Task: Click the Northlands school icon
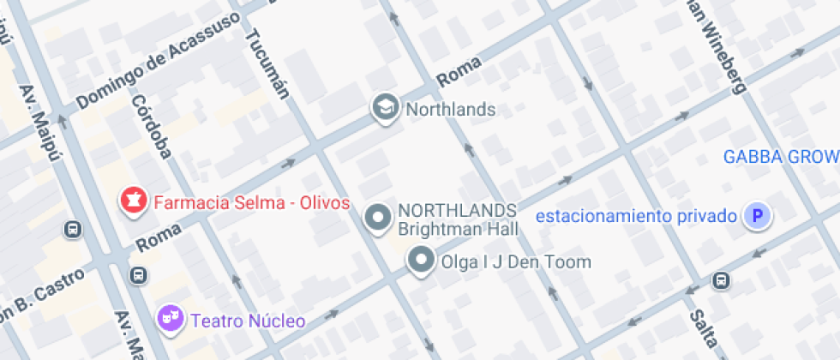(x=387, y=109)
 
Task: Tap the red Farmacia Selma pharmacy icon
(x=133, y=202)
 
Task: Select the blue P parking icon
(x=757, y=216)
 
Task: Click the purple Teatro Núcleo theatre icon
(x=170, y=321)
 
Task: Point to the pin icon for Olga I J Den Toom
(x=420, y=261)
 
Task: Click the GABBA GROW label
(x=780, y=157)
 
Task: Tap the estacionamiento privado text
(x=636, y=216)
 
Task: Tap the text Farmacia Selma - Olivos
(x=251, y=203)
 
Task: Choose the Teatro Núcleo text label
(x=248, y=321)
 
